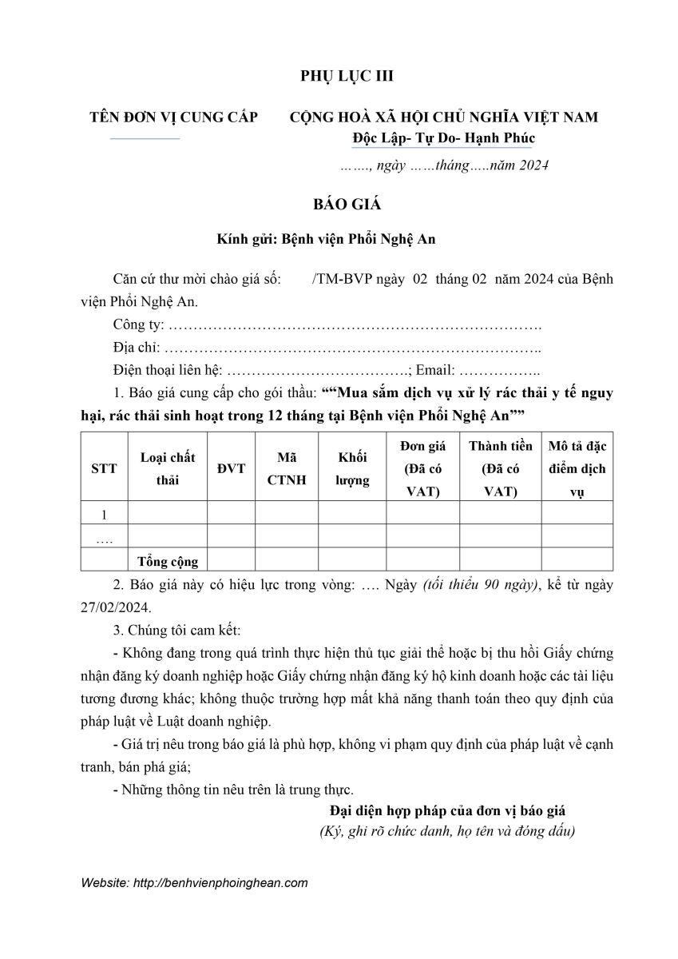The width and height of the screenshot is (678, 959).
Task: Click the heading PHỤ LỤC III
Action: pos(347,76)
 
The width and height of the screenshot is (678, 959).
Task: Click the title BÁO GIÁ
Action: pos(347,204)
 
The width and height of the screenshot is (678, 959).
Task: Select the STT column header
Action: pos(104,468)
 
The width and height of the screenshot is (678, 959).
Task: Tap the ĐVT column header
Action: pos(231,468)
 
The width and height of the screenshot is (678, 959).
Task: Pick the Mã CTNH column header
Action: pos(287,468)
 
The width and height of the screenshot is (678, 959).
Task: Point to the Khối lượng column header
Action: pos(352,468)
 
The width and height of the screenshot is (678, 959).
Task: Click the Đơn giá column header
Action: pos(422,468)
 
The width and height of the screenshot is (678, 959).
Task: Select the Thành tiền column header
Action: pos(500,468)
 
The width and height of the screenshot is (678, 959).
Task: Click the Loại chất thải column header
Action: pos(167,468)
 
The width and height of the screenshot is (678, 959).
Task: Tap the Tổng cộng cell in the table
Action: pos(167,561)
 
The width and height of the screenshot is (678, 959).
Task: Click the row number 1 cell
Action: pos(104,513)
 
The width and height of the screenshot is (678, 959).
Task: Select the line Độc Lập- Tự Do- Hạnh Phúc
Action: pos(443,137)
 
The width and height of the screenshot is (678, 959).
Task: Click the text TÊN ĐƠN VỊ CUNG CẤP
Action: pos(173,117)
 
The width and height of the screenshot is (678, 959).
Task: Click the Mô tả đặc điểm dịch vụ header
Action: pos(577,468)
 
